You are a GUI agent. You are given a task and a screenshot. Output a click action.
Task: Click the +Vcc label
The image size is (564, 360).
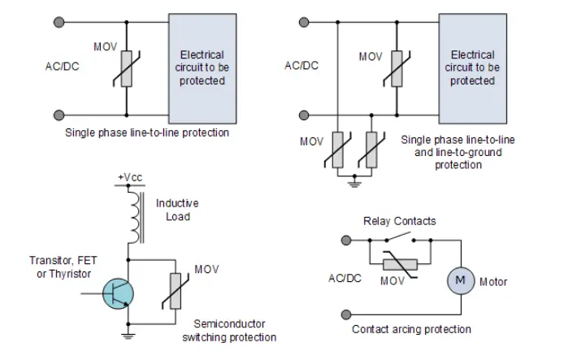click(x=129, y=176)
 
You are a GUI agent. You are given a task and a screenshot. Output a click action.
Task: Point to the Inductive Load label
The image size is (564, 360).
click(x=177, y=210)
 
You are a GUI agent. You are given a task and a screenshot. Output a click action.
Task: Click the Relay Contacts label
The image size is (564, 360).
click(x=399, y=221)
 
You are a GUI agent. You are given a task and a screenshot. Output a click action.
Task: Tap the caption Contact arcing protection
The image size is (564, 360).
click(x=411, y=329)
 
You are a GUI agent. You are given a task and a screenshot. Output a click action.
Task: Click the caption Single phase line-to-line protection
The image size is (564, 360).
click(x=147, y=132)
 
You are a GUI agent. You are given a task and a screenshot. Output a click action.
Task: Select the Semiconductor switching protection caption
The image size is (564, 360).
click(x=235, y=331)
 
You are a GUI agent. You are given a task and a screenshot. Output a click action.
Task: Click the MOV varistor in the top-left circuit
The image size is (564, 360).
click(x=127, y=68)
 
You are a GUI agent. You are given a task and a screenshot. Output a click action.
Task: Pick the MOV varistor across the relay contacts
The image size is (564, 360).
click(x=395, y=264)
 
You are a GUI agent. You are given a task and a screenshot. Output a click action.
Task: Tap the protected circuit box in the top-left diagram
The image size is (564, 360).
click(x=201, y=67)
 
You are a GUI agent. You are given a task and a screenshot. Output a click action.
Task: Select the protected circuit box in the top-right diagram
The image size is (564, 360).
click(x=472, y=67)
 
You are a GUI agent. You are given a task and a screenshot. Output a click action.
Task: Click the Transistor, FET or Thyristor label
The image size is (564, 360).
click(x=61, y=268)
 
